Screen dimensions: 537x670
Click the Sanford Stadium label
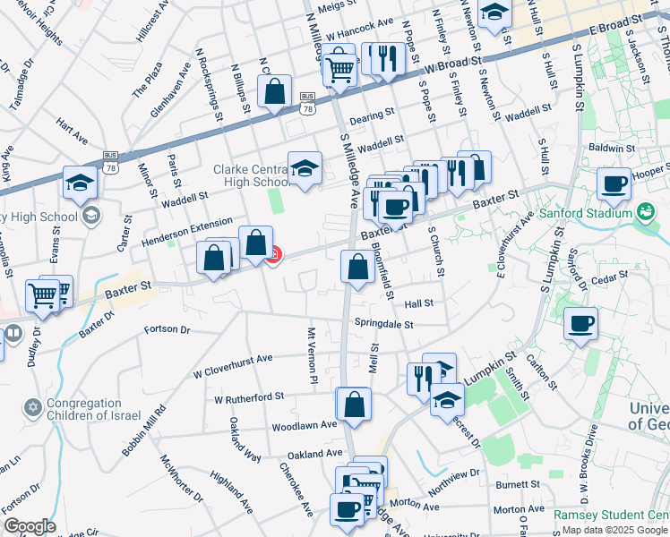pyautogui.click(x=588, y=215)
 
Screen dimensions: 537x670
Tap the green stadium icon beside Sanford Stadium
pyautogui.click(x=645, y=212)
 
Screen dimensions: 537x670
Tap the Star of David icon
pyautogui.click(x=33, y=407)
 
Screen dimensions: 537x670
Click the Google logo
pyautogui.click(x=29, y=526)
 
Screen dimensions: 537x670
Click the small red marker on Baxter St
pyautogui.click(x=273, y=256)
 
